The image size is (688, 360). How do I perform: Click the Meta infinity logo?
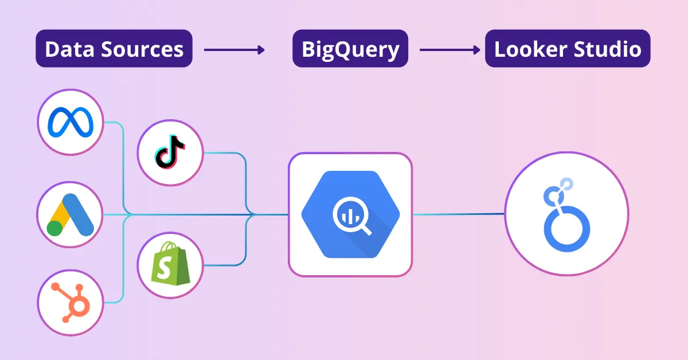pos(70,122)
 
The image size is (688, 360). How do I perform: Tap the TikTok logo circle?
pos(170,153)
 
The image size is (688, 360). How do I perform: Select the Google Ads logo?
pos(70,215)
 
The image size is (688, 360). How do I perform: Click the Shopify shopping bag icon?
pos(170,264)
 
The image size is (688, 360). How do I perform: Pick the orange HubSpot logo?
pos(70,302)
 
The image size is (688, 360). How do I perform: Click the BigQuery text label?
pos(350,49)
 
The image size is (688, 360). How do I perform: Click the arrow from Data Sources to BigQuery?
pos(234,50)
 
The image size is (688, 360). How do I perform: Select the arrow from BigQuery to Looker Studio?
pos(449,50)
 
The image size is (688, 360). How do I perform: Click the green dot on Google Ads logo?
pos(55,228)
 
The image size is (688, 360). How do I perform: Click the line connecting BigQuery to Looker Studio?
pos(459,214)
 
